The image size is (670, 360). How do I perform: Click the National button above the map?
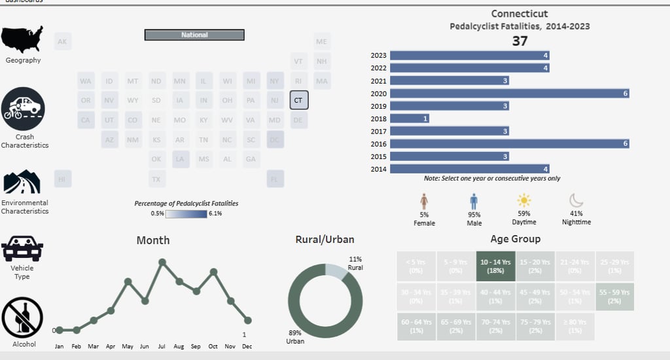194,35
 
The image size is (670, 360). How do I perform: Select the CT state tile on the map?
298,100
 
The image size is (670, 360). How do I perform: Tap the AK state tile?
63,42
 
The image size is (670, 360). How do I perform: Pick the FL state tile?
275,179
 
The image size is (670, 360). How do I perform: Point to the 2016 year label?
378,144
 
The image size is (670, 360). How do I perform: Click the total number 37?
520,41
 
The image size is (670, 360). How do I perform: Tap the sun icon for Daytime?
524,200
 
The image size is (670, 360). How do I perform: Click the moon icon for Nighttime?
576,200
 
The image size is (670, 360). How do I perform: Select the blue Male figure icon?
474,201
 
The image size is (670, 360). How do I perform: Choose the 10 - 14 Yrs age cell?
495,265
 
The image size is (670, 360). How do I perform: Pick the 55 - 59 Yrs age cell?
614,296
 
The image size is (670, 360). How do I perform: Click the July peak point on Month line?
162,262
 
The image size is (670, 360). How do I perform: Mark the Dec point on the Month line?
247,320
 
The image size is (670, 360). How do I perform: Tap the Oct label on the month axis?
213,346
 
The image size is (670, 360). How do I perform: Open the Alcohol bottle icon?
22,317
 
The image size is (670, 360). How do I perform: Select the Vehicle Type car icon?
22,249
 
